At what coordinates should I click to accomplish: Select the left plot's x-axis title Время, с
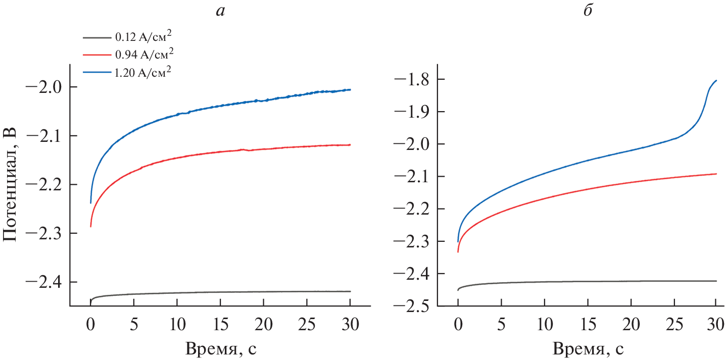[x=221, y=348]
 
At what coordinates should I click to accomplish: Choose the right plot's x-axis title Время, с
[x=587, y=348]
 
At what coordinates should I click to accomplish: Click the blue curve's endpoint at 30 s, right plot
[x=716, y=81]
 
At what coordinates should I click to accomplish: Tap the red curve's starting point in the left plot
[x=91, y=226]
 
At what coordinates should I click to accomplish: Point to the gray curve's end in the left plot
[x=350, y=291]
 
